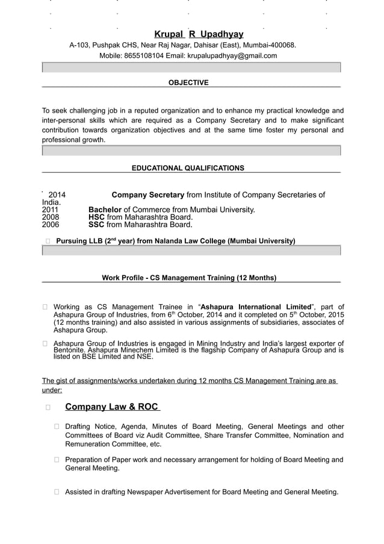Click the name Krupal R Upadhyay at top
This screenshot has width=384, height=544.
[199, 34]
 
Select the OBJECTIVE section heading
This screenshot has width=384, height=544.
[188, 83]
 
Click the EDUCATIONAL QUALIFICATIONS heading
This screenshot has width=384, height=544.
[188, 168]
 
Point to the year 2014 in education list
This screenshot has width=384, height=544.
[57, 195]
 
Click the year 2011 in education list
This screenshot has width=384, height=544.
[51, 210]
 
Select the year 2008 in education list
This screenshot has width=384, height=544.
[51, 217]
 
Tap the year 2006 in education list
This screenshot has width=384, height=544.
[51, 225]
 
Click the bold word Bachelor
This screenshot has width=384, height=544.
[105, 210]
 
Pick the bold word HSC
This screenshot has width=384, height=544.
[96, 217]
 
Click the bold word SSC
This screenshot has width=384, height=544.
[96, 225]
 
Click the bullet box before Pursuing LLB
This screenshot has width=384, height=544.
[48, 242]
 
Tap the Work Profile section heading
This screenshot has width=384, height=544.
[189, 278]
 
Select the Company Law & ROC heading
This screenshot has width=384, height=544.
[113, 407]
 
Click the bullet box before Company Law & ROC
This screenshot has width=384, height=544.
[48, 408]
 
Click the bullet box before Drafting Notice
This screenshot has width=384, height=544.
[57, 427]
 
